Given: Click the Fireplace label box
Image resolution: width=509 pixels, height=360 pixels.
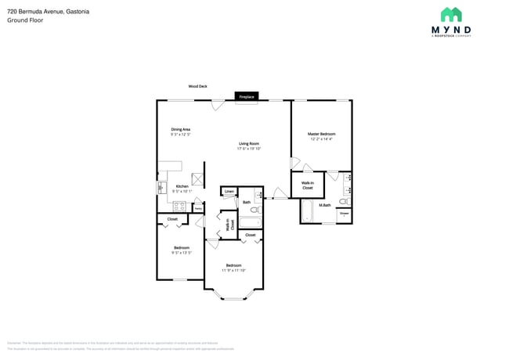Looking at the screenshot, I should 247,96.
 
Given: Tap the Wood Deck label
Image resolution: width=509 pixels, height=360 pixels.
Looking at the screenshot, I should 197,86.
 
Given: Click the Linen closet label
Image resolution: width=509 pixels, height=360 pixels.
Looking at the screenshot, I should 229,191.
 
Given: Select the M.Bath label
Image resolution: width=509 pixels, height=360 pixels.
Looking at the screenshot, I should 325,205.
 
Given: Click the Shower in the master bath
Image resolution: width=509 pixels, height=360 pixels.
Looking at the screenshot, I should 344,213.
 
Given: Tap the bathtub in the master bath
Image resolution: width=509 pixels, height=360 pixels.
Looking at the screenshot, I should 306,211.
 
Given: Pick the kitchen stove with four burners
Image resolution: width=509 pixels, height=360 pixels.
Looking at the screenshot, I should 179,207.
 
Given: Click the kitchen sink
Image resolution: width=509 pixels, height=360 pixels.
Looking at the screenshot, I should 162,188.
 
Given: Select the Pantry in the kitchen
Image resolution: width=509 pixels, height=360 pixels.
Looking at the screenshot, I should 199,207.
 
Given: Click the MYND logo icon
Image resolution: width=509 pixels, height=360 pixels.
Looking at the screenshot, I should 451,14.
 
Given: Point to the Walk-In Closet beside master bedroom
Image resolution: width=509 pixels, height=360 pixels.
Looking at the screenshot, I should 307,185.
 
